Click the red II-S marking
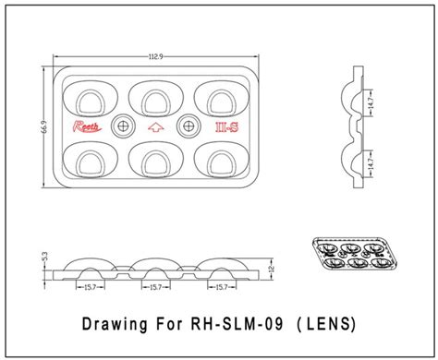pyautogui.click(x=225, y=126)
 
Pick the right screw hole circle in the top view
pyautogui.click(x=189, y=125)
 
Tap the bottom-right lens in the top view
pyautogui.click(x=223, y=162)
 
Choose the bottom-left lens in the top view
pyautogui.click(x=90, y=162)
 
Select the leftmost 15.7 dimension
pyautogui.click(x=90, y=288)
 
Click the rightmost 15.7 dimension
pyautogui.click(x=222, y=288)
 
